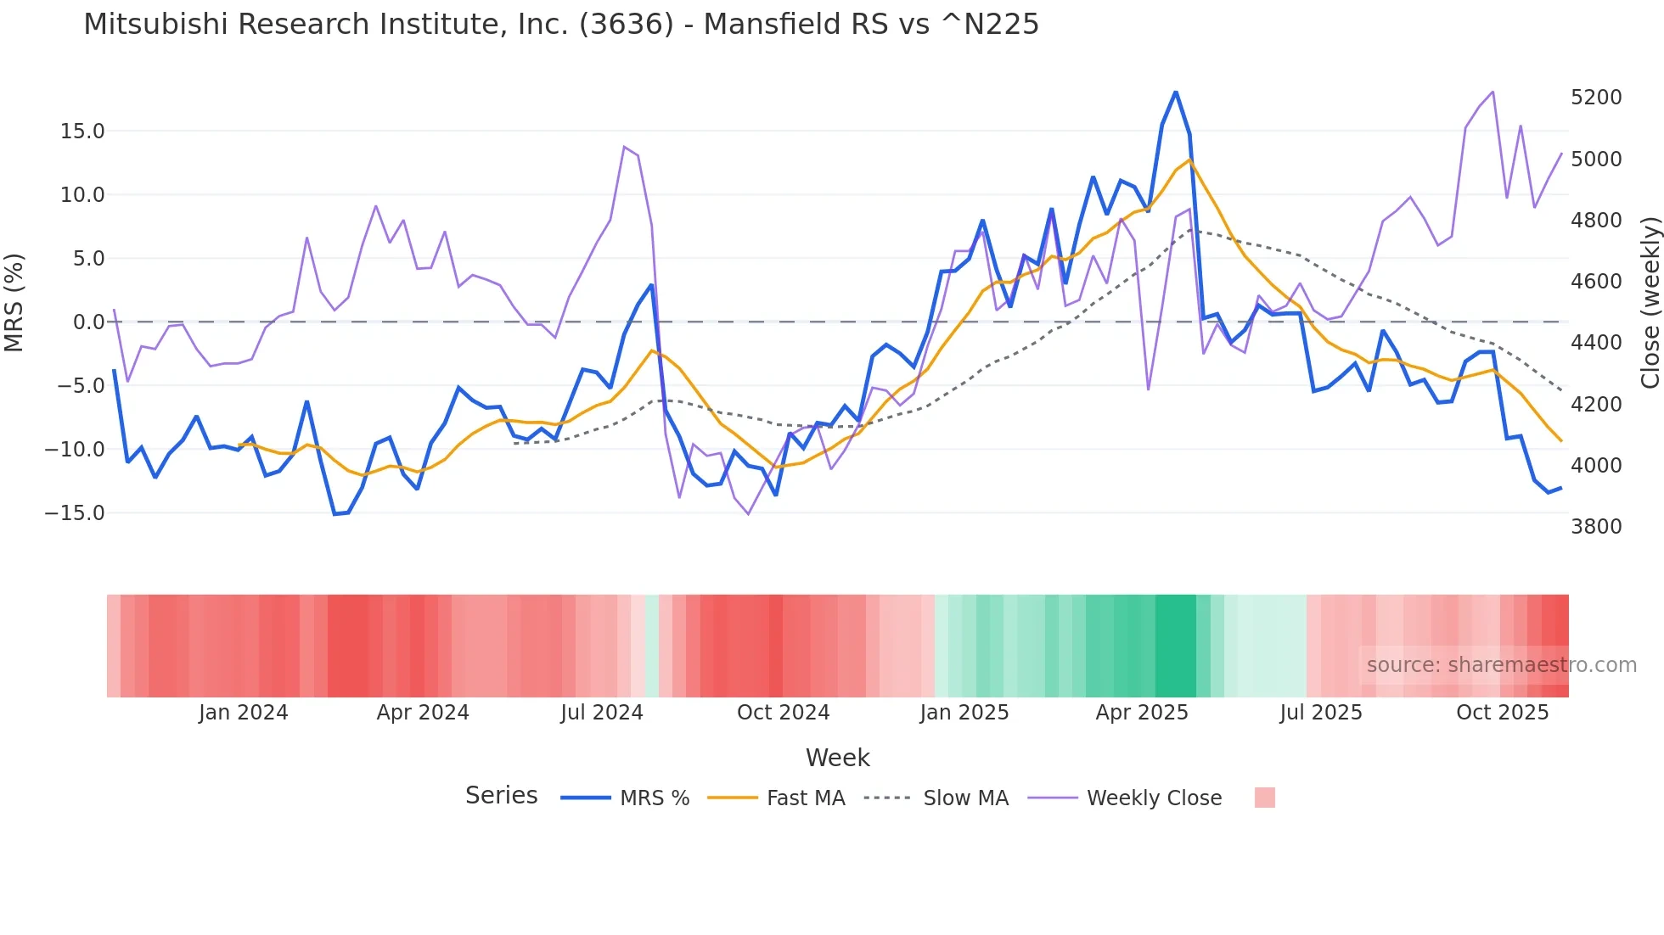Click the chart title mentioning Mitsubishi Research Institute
point(560,25)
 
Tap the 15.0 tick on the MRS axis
point(82,132)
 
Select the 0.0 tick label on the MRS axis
point(88,322)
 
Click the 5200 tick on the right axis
point(1596,98)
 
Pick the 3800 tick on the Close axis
point(1596,527)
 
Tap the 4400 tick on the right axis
point(1596,343)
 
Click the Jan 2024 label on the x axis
point(244,713)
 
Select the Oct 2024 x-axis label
point(783,713)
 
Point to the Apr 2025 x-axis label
point(1142,713)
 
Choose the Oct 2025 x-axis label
point(1503,713)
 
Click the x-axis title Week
point(837,758)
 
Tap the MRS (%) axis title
point(14,303)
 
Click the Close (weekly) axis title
point(1650,303)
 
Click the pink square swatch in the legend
point(1264,798)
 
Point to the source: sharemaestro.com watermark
point(1501,665)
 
